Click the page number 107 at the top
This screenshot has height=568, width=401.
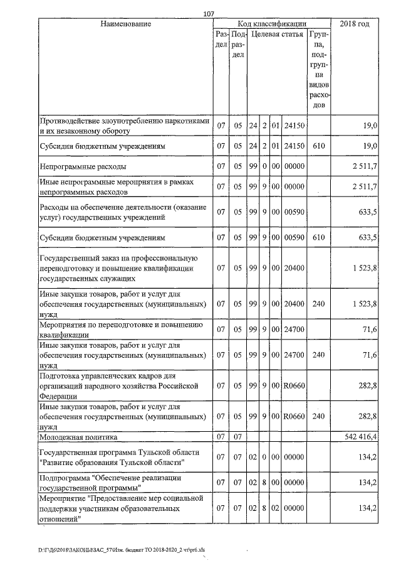pyautogui.click(x=209, y=14)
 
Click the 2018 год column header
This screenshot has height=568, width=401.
pyautogui.click(x=354, y=24)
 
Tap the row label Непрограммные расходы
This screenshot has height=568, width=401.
pyautogui.click(x=83, y=167)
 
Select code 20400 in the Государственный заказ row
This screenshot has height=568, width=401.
pyautogui.click(x=294, y=269)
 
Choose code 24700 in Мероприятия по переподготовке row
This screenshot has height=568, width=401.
pyautogui.click(x=294, y=329)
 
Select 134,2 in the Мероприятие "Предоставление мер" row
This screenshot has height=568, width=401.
pyautogui.click(x=367, y=508)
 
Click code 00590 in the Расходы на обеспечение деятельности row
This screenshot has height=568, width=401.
pyautogui.click(x=294, y=212)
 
